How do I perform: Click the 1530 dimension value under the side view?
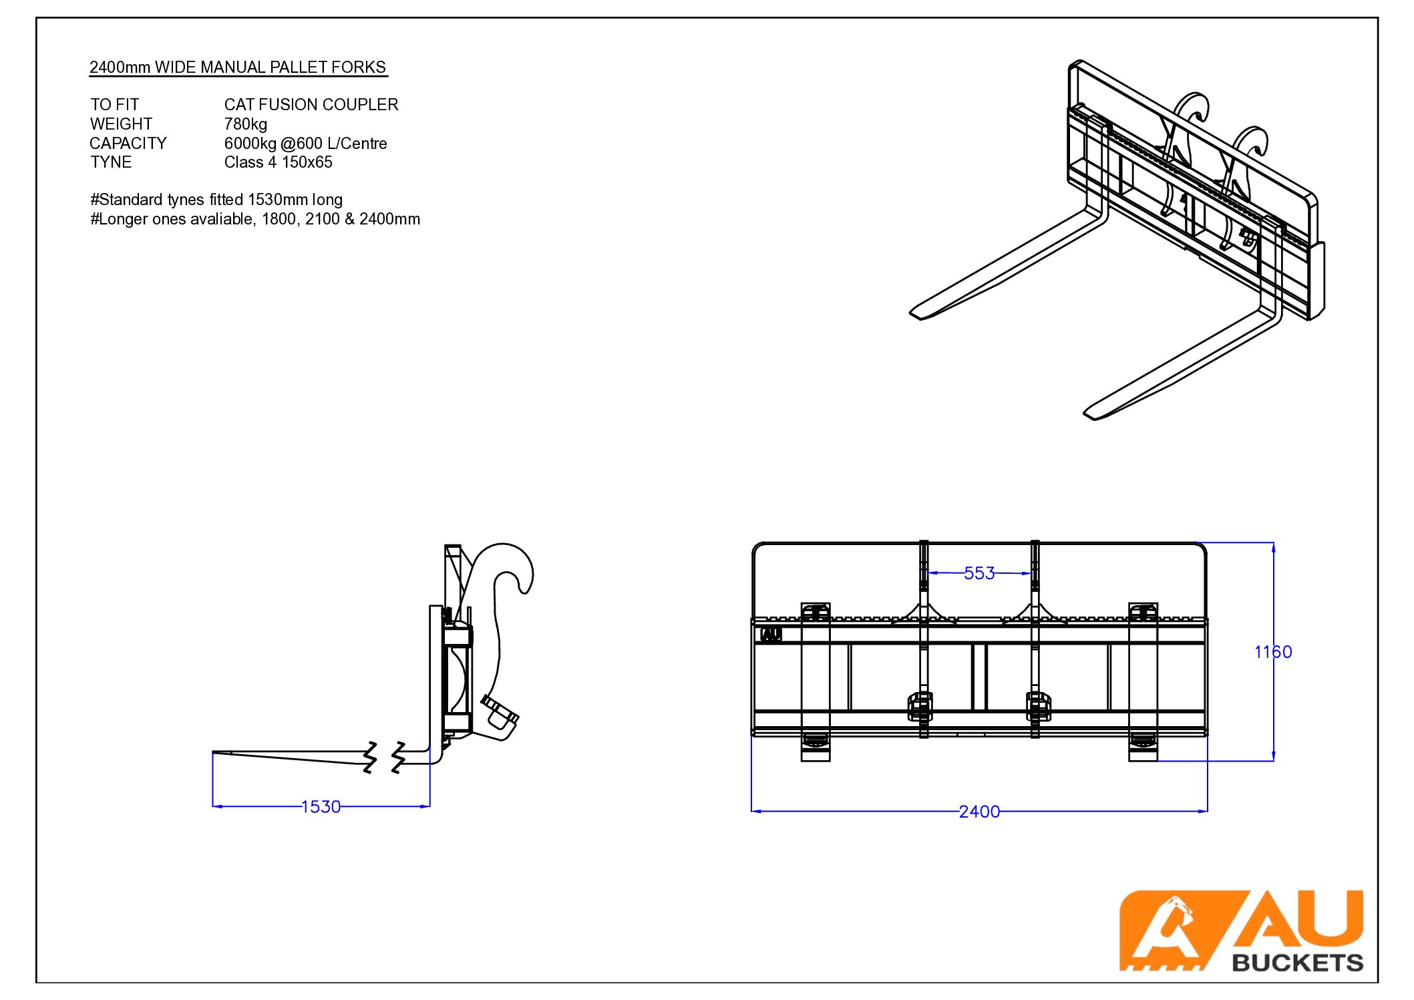(x=321, y=807)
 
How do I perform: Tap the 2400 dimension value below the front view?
(x=979, y=812)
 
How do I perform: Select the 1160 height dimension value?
(x=1273, y=652)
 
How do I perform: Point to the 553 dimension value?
(x=979, y=573)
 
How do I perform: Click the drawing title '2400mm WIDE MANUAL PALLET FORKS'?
(x=238, y=67)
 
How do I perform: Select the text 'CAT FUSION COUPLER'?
(x=311, y=105)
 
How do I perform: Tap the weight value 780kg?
(x=246, y=124)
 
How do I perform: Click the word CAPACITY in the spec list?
(x=128, y=144)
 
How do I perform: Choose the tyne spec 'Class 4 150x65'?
(x=279, y=162)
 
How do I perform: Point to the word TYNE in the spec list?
(x=111, y=162)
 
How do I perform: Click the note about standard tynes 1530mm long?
(x=216, y=200)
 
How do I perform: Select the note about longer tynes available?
(x=255, y=219)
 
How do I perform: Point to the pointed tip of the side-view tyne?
(x=214, y=753)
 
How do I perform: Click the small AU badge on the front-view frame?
(x=771, y=635)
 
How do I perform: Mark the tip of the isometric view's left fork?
(x=912, y=313)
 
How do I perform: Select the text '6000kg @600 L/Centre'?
(x=306, y=144)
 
